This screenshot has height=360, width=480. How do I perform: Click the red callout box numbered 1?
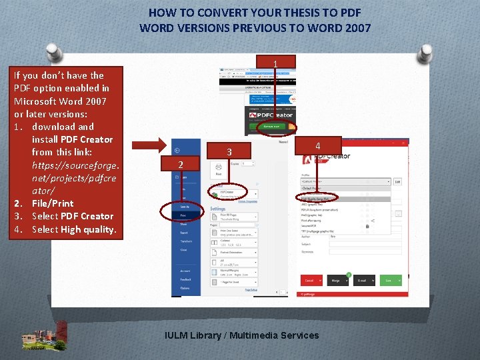click(275, 63)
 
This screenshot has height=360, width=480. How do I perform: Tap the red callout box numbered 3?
click(228, 151)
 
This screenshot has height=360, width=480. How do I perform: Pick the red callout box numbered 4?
click(317, 145)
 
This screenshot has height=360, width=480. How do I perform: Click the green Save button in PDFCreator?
click(388, 281)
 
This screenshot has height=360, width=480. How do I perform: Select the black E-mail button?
click(363, 281)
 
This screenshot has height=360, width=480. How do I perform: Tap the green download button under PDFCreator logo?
click(271, 127)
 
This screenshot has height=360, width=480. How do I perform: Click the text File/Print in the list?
click(53, 203)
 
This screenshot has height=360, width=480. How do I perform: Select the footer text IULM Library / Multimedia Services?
click(241, 335)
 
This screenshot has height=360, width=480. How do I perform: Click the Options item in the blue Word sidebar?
click(185, 288)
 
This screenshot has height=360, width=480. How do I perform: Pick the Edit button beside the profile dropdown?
click(397, 181)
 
